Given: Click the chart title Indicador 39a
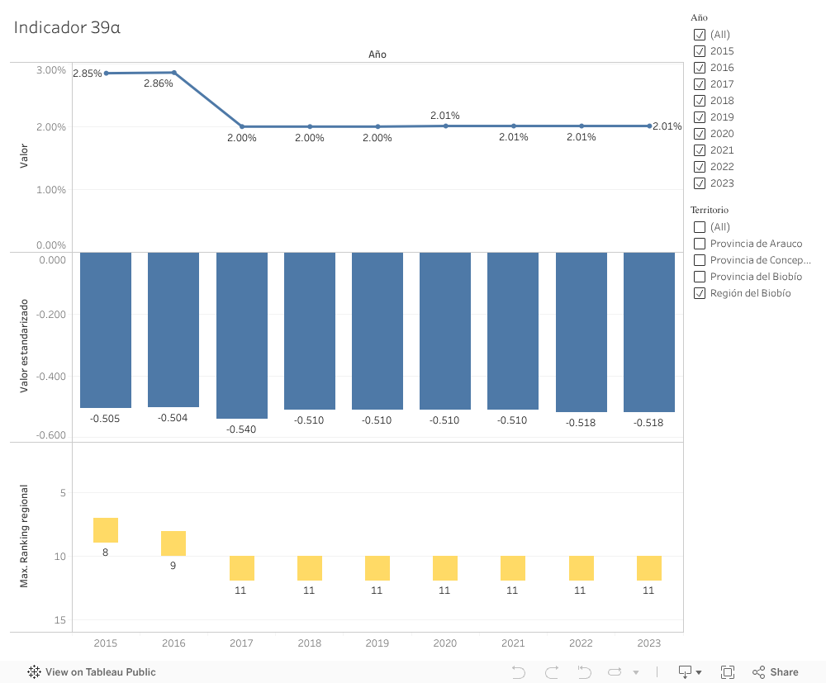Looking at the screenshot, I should point(67,27).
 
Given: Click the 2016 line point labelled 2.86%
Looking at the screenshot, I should point(173,73).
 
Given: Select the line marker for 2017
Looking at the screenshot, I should point(242,126).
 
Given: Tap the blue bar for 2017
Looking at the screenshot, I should point(242,334).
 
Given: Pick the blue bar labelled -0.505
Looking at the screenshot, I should point(106,330).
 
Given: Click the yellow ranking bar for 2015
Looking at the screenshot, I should point(106,530).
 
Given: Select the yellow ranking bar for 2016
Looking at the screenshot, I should point(173,543).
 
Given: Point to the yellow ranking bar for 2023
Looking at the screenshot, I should point(648,568).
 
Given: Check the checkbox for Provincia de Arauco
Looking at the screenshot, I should point(700,244).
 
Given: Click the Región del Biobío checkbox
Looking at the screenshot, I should point(700,293).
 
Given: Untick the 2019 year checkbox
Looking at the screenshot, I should point(700,117).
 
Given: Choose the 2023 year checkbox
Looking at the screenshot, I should point(700,183).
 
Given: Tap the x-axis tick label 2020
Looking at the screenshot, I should point(444,643).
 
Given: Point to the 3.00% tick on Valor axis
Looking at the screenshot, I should point(51,70).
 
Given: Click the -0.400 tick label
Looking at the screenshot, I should point(51,377).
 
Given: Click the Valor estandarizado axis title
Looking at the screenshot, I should point(24,345).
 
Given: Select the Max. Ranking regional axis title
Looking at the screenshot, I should point(24,536).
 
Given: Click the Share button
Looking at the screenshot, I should point(775,672).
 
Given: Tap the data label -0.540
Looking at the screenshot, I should point(241,429).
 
